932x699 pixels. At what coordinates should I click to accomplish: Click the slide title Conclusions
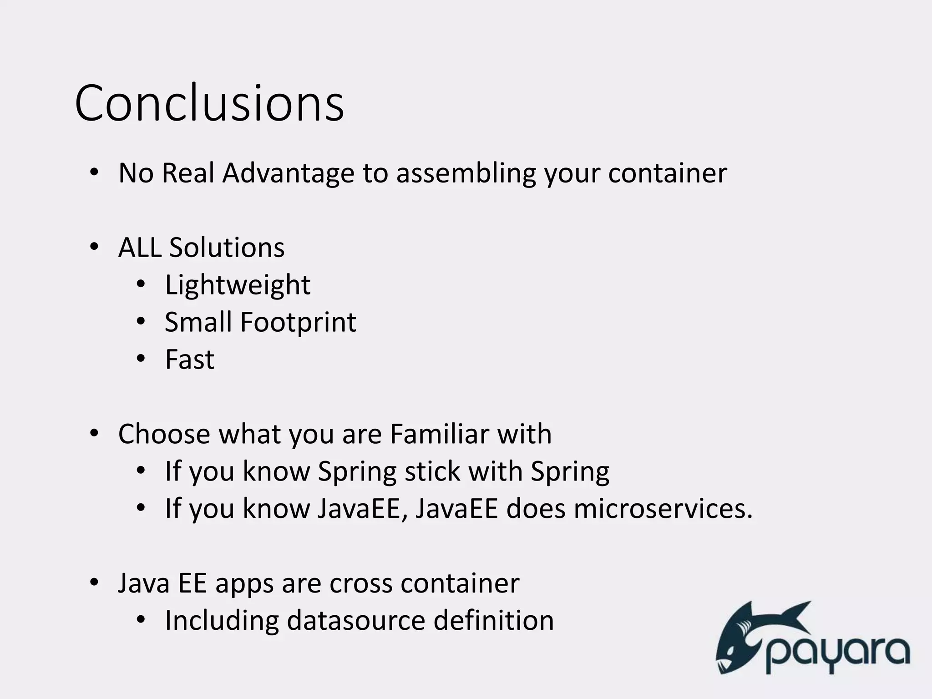(x=209, y=104)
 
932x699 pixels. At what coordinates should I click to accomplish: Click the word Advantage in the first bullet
(x=288, y=173)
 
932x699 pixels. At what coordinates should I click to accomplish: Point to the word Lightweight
(x=238, y=285)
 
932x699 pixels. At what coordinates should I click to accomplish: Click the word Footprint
(x=298, y=323)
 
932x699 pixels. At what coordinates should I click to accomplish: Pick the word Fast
(x=189, y=360)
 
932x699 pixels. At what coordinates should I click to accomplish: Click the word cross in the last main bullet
(x=360, y=583)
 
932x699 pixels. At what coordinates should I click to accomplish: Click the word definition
(x=493, y=621)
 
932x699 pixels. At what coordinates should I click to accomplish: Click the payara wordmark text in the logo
(x=837, y=653)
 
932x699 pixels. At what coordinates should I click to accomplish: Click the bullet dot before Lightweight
(x=141, y=284)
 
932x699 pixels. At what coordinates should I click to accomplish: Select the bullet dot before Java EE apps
(x=94, y=582)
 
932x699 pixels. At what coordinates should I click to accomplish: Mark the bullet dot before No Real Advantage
(x=94, y=172)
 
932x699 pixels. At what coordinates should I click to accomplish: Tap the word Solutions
(x=227, y=248)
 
